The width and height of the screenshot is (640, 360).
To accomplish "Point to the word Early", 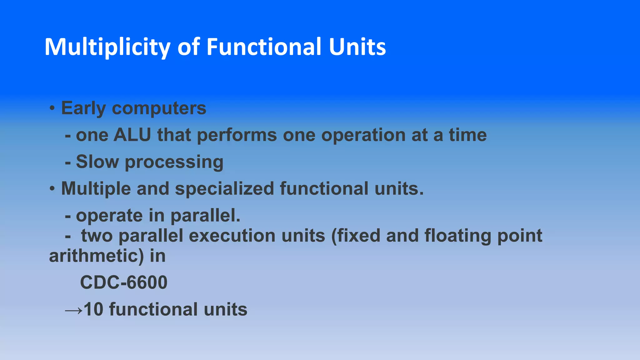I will [83, 108].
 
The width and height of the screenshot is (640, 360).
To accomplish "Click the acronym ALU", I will [132, 135].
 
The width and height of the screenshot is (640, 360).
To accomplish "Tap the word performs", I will [237, 135].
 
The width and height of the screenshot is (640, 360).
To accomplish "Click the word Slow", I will [97, 162].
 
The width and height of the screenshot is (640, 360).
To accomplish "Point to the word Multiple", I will [96, 189].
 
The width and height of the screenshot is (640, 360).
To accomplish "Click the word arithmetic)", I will [96, 256].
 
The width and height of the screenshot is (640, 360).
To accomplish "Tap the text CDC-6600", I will [124, 282].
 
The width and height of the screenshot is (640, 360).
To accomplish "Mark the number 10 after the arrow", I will [93, 309].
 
